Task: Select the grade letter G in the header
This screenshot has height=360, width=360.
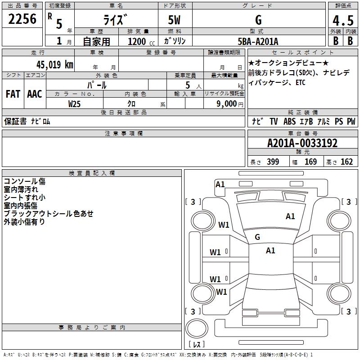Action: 258,20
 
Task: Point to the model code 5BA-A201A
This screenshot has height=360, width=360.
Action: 258,41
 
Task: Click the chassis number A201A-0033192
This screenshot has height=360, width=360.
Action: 302,143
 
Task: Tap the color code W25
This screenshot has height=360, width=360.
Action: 74,103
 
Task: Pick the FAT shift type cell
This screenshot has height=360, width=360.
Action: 13,94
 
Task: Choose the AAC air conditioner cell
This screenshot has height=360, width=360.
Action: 35,94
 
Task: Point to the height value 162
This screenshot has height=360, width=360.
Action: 346,162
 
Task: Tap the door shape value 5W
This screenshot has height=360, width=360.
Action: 175,20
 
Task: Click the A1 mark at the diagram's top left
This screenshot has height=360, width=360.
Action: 220,184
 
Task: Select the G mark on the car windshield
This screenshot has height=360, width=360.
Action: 257,237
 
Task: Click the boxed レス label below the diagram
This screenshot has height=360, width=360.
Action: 196,345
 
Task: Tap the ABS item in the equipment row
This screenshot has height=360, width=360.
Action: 289,121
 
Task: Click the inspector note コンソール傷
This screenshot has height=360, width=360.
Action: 25,182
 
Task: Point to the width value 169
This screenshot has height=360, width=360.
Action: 311,162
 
